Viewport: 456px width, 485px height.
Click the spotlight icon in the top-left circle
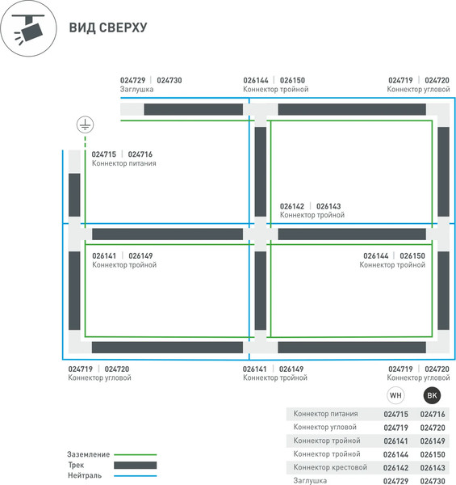pyautogui.click(x=28, y=27)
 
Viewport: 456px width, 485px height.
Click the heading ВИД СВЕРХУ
pyautogui.click(x=108, y=27)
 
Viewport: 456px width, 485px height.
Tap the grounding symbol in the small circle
pyautogui.click(x=85, y=124)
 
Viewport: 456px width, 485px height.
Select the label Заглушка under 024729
pyautogui.click(x=136, y=90)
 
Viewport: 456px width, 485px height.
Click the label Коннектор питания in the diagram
pyautogui.click(x=123, y=163)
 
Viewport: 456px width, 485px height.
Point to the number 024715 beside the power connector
pyautogui.click(x=104, y=154)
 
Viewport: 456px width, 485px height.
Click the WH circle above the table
pyautogui.click(x=395, y=395)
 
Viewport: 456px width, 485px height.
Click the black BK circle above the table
pyautogui.click(x=432, y=395)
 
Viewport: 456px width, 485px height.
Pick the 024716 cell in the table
pyautogui.click(x=433, y=414)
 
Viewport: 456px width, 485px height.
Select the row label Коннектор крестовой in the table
pyautogui.click(x=330, y=467)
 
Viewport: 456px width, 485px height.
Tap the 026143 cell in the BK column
pyautogui.click(x=433, y=468)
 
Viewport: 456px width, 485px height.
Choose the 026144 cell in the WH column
pyautogui.click(x=395, y=454)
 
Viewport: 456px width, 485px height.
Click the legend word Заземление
pyautogui.click(x=88, y=454)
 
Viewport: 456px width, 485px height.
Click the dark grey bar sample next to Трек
pyautogui.click(x=136, y=466)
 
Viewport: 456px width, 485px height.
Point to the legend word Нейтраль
pyautogui.click(x=85, y=475)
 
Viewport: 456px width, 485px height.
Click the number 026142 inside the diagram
pyautogui.click(x=291, y=206)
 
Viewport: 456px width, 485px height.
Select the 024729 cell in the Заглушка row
pyautogui.click(x=395, y=481)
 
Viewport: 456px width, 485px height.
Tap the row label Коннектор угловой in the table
pyautogui.click(x=324, y=427)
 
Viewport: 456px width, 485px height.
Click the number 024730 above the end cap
pyautogui.click(x=169, y=80)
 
